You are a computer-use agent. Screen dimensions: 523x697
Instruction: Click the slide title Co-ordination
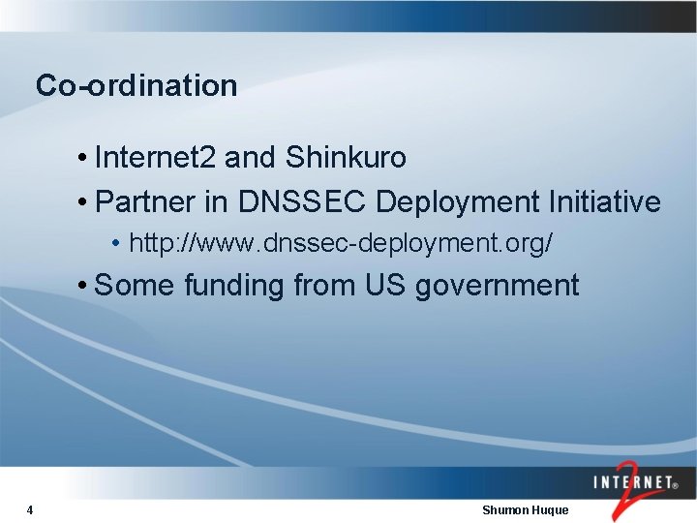[x=136, y=85]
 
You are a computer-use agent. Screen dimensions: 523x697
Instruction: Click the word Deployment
[x=458, y=203]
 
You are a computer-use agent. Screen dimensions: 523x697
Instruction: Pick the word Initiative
[x=605, y=202]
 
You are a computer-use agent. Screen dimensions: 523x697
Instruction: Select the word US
[x=385, y=286]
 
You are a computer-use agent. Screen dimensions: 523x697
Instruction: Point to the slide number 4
[x=31, y=509]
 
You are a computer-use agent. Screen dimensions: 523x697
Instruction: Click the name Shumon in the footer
[x=505, y=509]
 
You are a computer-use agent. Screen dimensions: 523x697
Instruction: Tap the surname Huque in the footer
[x=551, y=509]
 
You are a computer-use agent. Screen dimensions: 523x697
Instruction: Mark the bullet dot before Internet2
[x=85, y=158]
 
